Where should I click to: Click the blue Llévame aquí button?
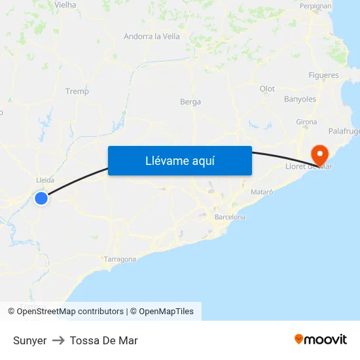[179, 160]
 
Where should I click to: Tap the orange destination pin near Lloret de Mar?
[320, 155]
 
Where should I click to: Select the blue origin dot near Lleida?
[41, 198]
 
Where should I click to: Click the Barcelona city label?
[230, 217]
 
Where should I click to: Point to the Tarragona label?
[120, 259]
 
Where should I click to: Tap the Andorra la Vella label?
[152, 37]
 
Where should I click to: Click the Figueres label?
[323, 75]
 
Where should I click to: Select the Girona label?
[306, 122]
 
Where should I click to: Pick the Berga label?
[190, 102]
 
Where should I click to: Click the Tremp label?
[77, 92]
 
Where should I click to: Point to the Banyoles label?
[300, 99]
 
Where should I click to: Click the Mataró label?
[262, 192]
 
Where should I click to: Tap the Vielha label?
[65, 5]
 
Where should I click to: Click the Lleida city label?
[45, 180]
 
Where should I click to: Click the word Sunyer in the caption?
[29, 340]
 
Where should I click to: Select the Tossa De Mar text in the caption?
[103, 340]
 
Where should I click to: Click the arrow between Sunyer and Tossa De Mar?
[58, 340]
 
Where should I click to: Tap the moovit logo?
[321, 340]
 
